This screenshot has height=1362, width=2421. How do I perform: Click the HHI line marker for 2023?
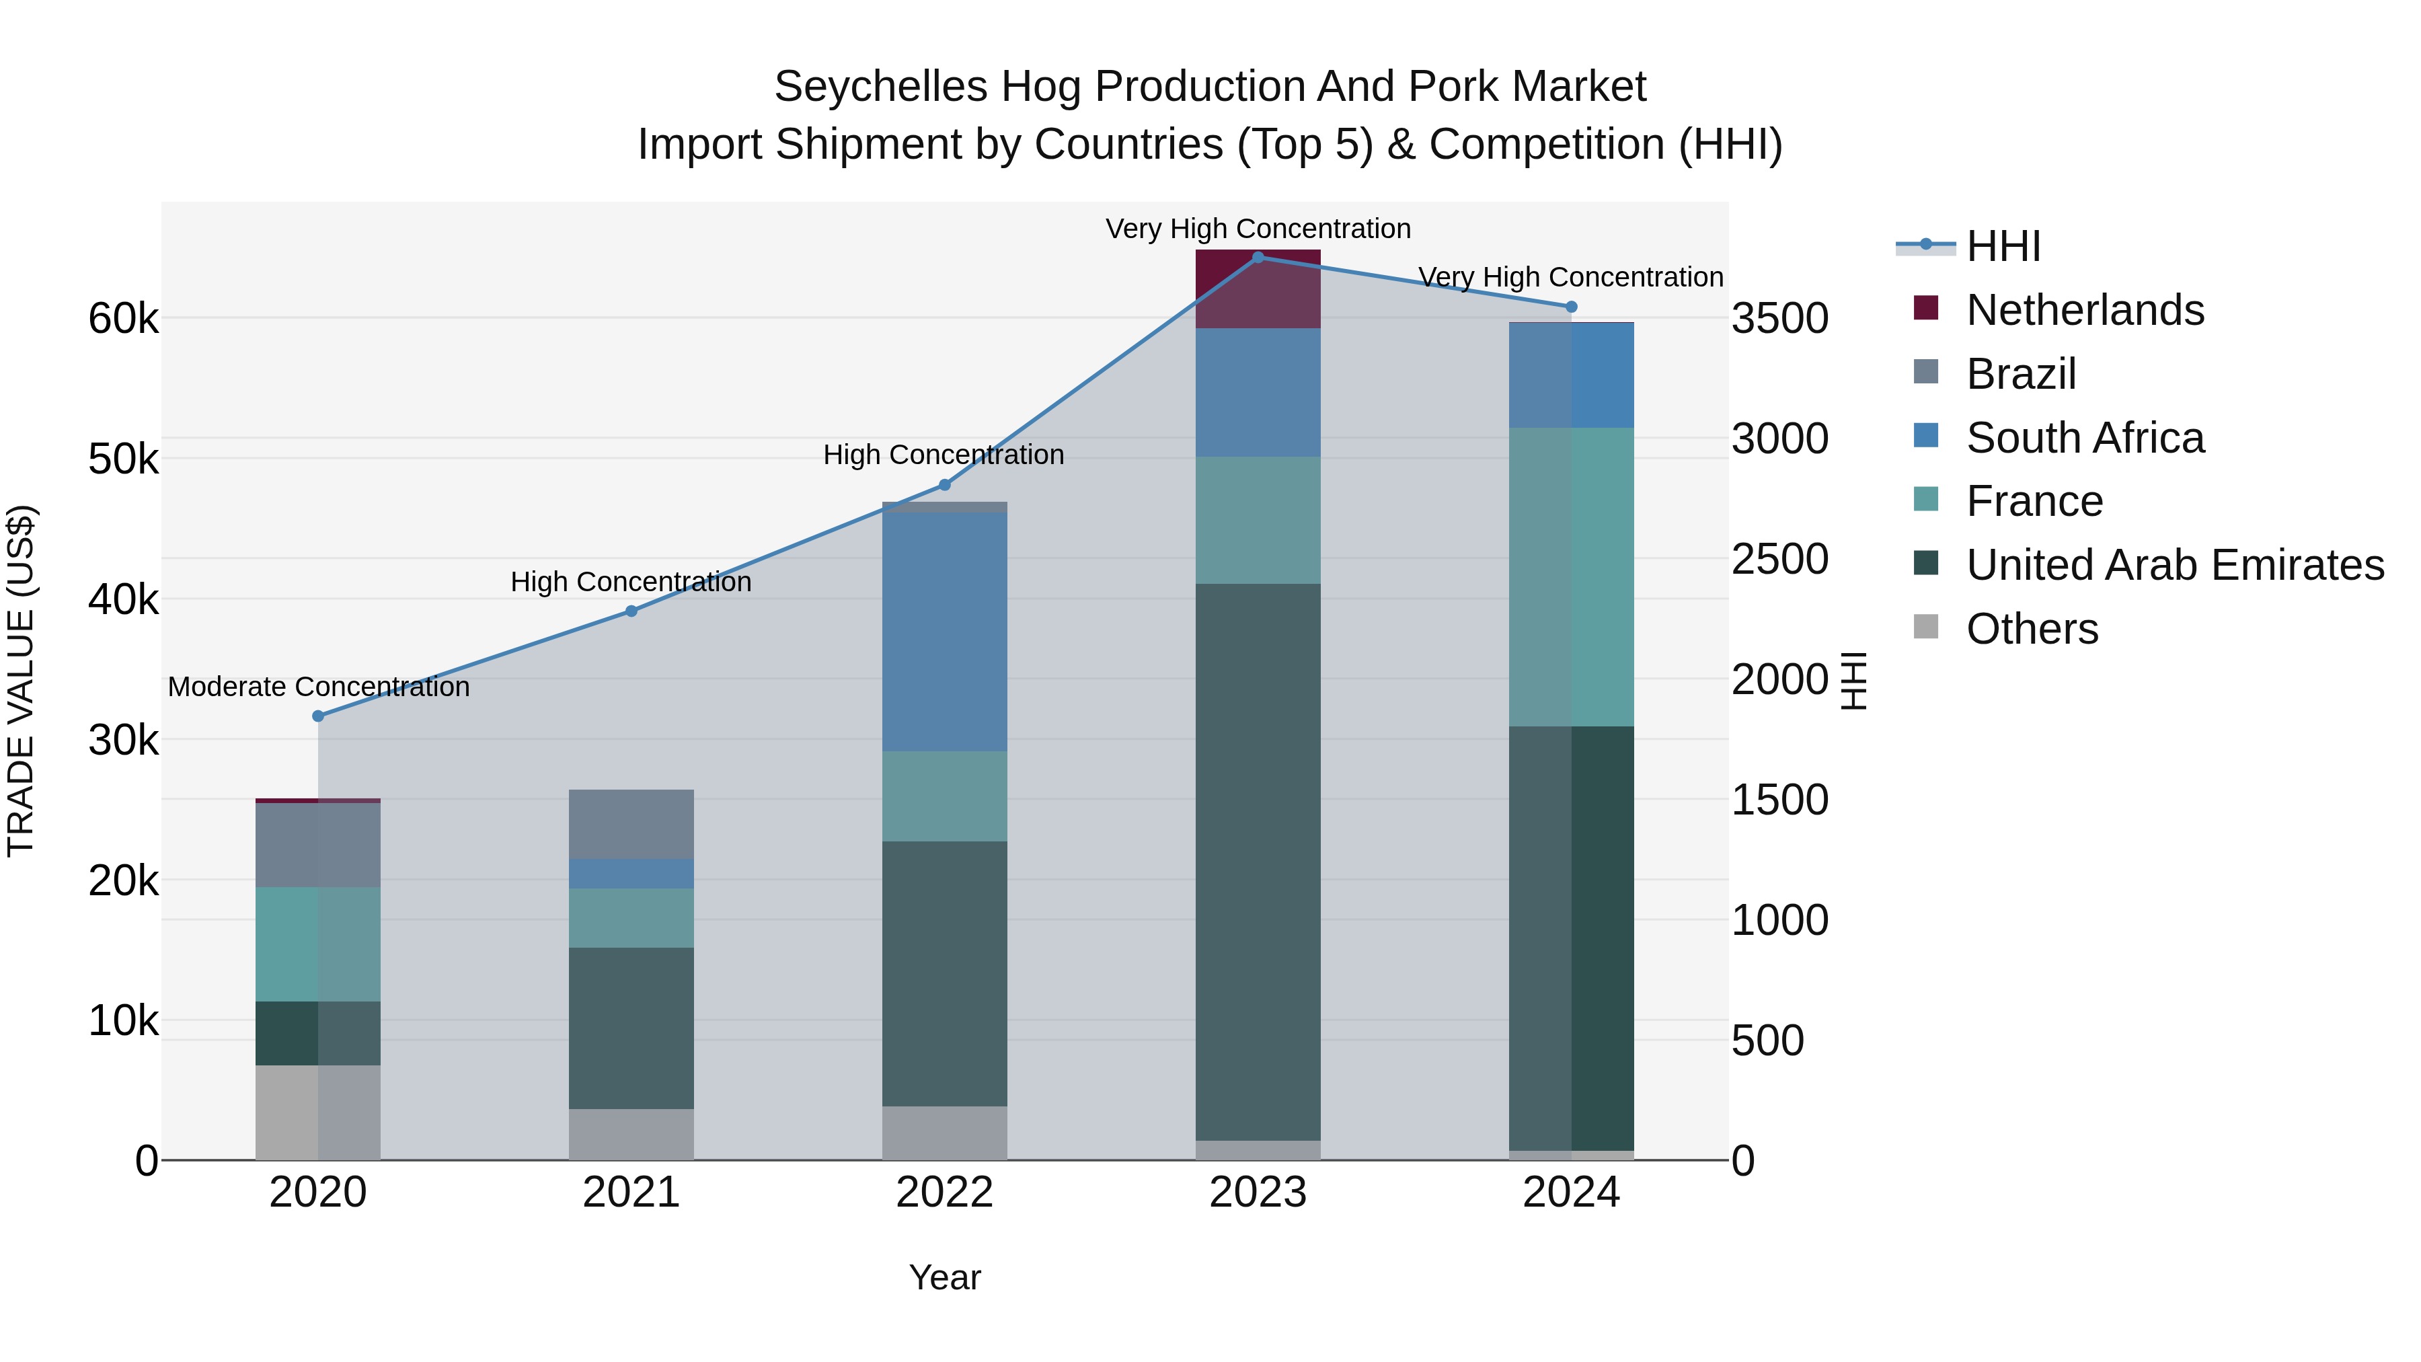[1258, 258]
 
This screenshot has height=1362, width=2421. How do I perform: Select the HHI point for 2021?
[631, 611]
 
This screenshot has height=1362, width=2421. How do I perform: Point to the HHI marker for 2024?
[1572, 307]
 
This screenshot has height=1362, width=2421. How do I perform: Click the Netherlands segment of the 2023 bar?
[1258, 289]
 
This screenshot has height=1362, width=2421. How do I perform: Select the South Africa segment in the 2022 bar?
[945, 632]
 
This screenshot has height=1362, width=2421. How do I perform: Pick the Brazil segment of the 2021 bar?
[631, 825]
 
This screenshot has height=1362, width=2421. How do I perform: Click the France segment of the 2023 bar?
[1258, 520]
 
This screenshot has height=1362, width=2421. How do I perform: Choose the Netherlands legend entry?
[2085, 310]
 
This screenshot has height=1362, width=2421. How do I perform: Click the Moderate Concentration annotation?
[319, 687]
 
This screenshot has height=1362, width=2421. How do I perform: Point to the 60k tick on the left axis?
[123, 319]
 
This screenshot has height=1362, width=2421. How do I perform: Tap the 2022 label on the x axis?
[945, 1193]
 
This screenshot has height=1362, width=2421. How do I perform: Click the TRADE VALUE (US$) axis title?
[21, 681]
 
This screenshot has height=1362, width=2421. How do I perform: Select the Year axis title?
[945, 1277]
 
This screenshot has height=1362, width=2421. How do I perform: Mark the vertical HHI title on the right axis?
[1853, 681]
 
